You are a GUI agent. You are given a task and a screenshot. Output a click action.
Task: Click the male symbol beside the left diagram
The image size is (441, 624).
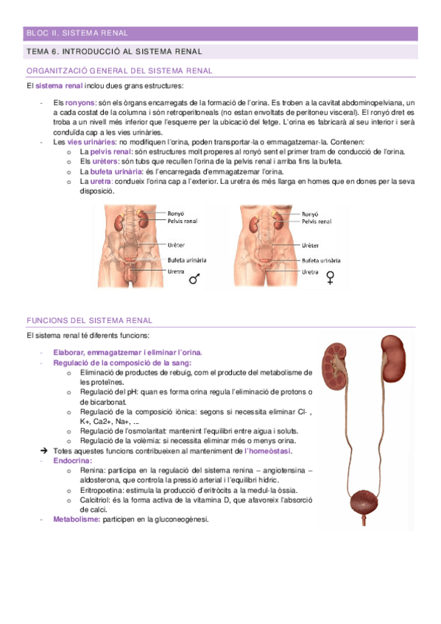(194, 279)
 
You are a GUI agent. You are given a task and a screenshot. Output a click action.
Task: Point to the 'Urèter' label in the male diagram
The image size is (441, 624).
(177, 244)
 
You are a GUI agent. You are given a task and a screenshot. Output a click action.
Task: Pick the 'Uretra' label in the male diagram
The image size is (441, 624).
(176, 271)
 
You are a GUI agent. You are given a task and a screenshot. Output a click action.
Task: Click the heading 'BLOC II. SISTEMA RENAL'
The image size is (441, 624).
(77, 33)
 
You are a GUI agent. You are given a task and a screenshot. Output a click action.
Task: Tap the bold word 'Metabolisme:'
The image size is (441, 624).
(77, 519)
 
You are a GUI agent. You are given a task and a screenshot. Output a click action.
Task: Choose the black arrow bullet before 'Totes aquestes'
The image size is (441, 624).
(46, 450)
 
